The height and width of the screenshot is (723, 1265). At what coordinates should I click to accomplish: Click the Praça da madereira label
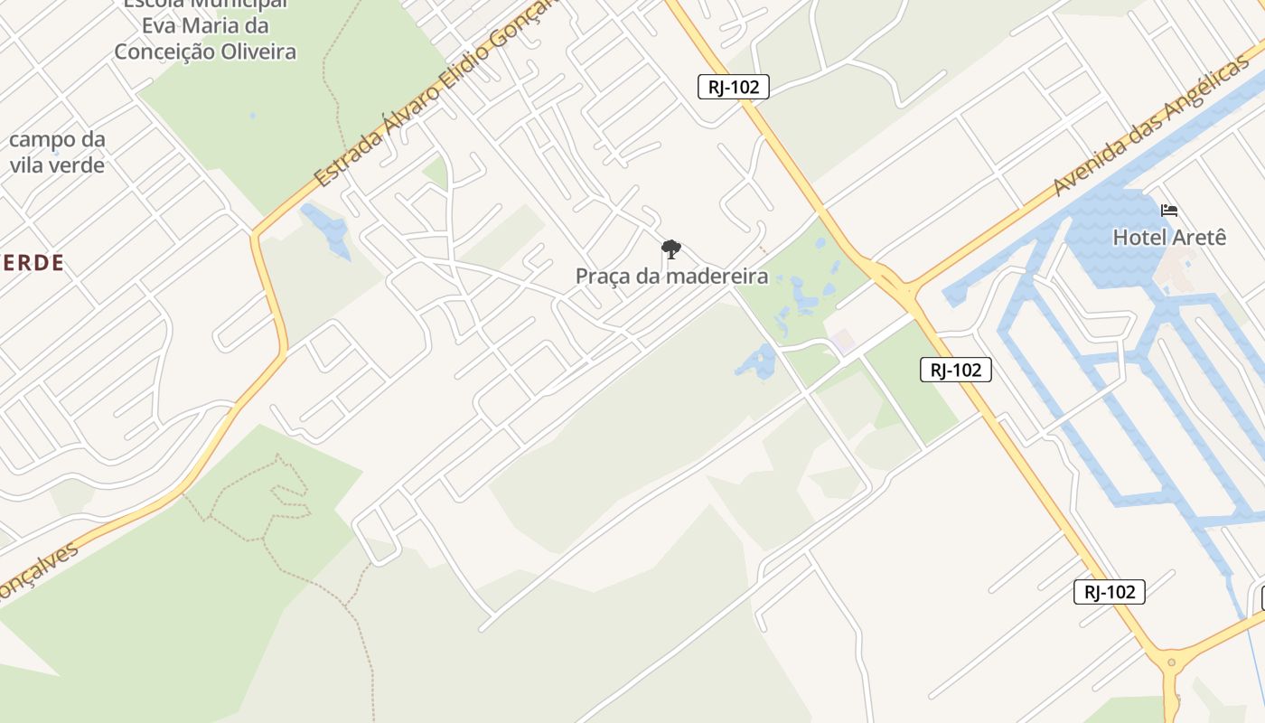tap(671, 277)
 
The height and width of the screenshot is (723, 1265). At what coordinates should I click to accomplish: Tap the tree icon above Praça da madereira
tap(670, 249)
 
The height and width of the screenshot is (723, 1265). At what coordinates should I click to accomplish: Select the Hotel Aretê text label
tap(1169, 238)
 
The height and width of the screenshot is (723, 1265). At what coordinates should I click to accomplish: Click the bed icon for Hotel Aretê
tap(1169, 211)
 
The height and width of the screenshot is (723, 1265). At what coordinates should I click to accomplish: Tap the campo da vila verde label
tap(57, 153)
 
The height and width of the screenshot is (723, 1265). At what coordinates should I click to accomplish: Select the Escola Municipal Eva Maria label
tap(205, 27)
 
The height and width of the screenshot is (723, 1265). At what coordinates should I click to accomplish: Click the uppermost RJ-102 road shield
tap(734, 87)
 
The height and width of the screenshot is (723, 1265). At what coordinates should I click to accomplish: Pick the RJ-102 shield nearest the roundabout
tap(1110, 592)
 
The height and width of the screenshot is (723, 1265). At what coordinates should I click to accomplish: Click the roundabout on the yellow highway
tap(1172, 662)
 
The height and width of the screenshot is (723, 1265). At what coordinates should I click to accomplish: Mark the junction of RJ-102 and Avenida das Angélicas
tap(904, 289)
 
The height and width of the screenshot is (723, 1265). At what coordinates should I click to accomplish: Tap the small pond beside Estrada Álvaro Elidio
tap(327, 230)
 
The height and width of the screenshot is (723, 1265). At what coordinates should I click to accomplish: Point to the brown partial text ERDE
tap(32, 263)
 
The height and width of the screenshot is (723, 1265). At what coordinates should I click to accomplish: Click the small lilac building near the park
tap(843, 342)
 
